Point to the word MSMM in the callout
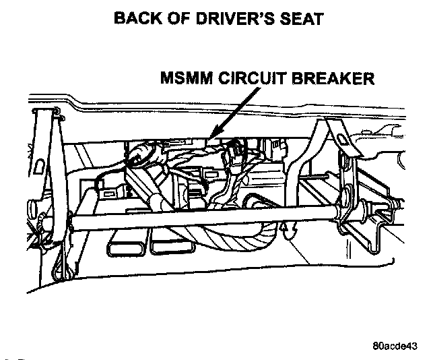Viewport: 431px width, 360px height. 187,79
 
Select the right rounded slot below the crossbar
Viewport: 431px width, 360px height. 168,244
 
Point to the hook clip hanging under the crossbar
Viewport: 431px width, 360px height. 289,233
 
